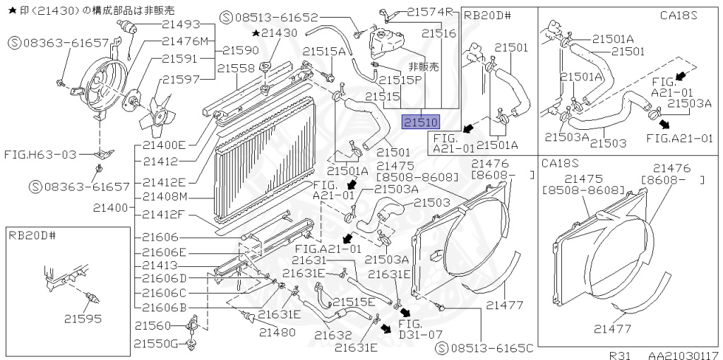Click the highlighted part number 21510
click(421, 123)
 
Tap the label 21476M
click(182, 42)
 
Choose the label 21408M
click(165, 196)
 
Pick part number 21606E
click(165, 252)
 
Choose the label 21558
click(236, 68)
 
